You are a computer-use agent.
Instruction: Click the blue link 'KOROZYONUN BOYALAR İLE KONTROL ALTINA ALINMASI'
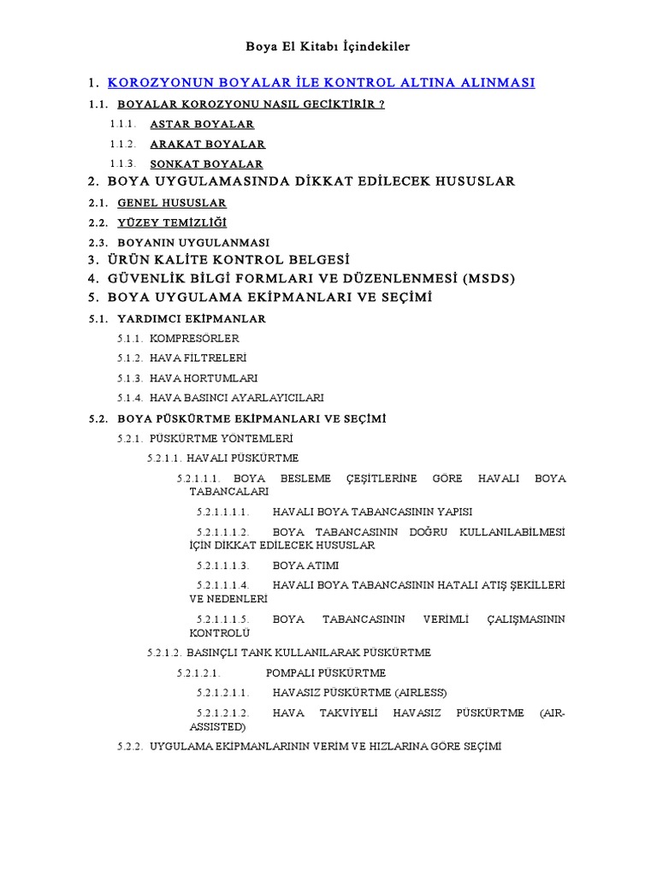coord(322,83)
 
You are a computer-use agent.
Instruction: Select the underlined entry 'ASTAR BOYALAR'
coord(202,124)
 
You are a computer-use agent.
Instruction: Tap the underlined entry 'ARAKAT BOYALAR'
coord(207,144)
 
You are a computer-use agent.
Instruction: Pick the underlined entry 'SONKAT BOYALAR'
coord(206,163)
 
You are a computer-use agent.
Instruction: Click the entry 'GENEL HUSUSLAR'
coord(172,203)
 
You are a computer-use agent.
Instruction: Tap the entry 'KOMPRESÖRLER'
coord(194,338)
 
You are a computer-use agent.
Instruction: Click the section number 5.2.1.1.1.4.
coord(222,585)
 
